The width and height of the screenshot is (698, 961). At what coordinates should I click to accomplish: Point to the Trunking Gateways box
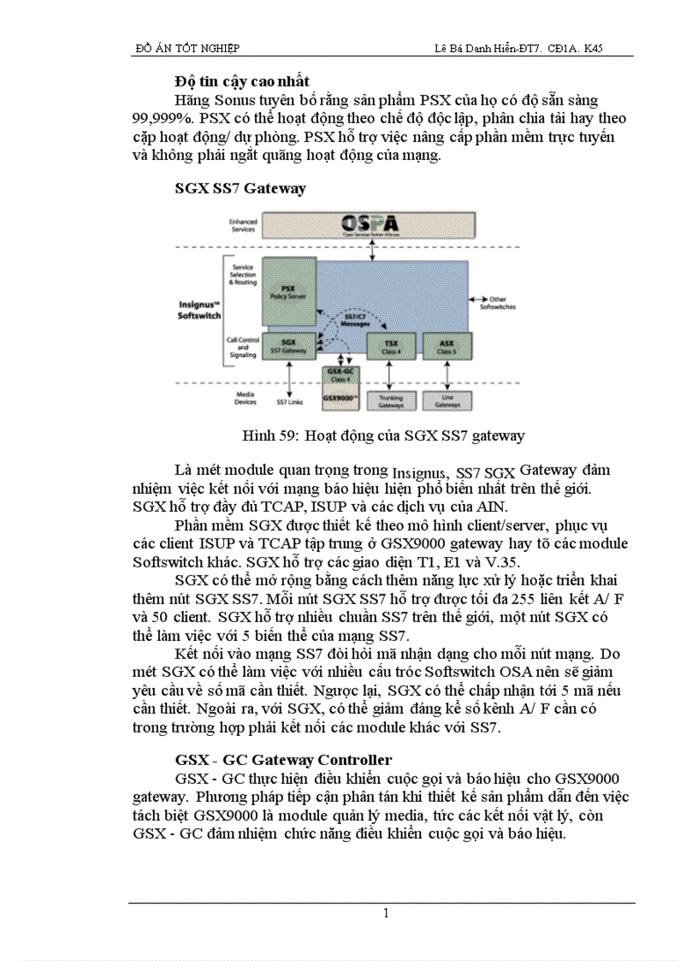tap(386, 400)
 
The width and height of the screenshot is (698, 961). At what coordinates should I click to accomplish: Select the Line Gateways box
tap(447, 400)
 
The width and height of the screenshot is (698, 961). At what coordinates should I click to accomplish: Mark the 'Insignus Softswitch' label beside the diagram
tap(200, 309)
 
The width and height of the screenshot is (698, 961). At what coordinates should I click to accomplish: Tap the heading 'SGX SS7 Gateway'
tap(240, 188)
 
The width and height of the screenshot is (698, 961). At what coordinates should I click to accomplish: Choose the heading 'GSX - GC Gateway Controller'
tap(283, 759)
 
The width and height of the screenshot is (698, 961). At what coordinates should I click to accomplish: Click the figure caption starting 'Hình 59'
tap(383, 436)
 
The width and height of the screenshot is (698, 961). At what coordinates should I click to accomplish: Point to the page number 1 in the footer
tap(386, 913)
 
